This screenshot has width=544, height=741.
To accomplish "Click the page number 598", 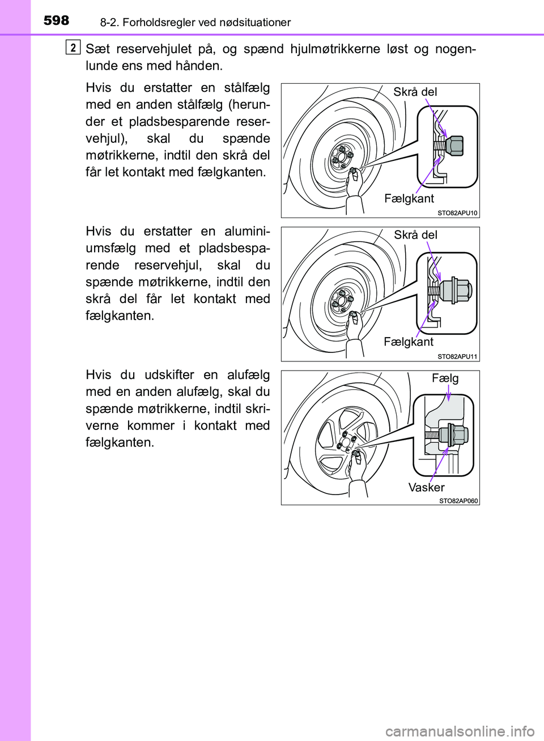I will pos(56,20).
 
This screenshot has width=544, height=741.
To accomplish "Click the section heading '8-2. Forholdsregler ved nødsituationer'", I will pos(195,23).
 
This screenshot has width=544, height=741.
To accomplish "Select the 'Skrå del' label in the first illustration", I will pos(415,92).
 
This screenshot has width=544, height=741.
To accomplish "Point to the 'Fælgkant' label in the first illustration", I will pos(409,198).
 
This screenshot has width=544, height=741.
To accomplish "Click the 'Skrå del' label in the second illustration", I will pos(415,235).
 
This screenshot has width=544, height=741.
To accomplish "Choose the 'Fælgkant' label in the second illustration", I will pos(408,342).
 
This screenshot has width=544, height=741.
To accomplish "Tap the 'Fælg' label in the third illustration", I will pos(445,378).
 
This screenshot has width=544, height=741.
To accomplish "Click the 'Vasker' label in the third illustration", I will pos(426,487).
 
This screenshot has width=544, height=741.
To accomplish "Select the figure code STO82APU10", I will pos(457,213).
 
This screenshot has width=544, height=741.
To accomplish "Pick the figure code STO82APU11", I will pos(457,356).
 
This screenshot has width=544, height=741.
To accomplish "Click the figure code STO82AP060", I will pos(458,501).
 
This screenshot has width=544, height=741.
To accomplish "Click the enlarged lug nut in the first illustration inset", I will pos(454,146).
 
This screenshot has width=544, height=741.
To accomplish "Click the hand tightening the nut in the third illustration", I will pos(357,465).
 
